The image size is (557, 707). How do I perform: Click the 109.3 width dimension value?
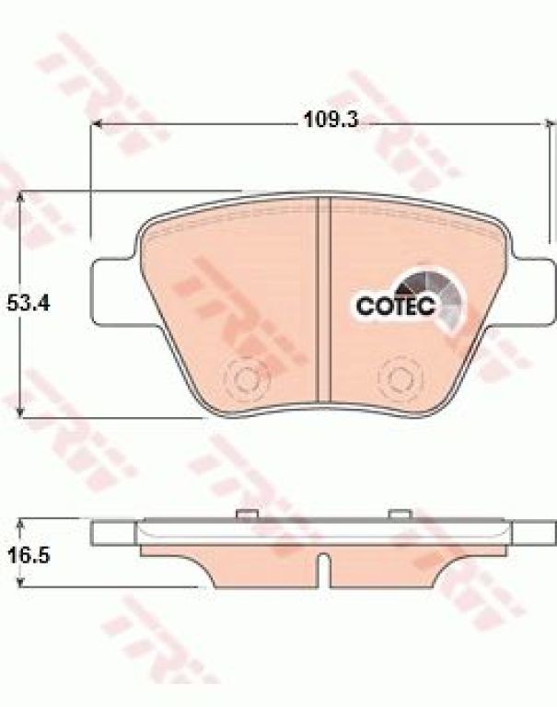(331, 120)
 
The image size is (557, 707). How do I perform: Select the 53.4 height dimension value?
(29, 304)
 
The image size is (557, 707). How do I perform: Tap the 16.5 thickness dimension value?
(29, 555)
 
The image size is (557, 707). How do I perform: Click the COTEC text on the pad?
(396, 307)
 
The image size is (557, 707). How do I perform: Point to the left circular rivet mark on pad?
(245, 377)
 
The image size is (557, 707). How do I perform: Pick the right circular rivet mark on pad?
(398, 376)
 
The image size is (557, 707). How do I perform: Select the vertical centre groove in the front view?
(324, 299)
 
